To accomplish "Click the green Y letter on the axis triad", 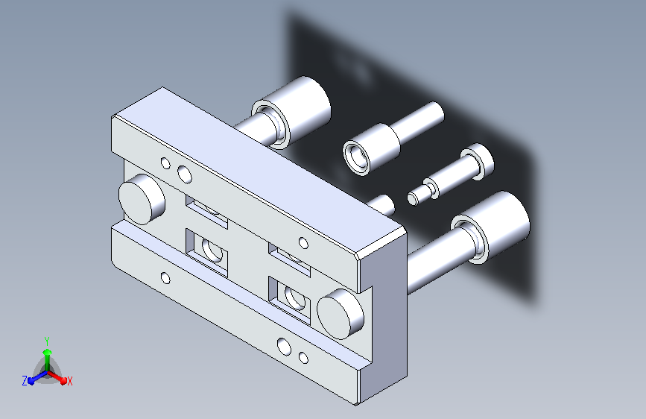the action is pyautogui.click(x=47, y=341).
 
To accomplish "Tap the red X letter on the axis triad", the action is pyautogui.click(x=69, y=381).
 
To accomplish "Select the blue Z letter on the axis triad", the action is pyautogui.click(x=25, y=381).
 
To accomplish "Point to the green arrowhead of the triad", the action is pyautogui.click(x=48, y=353).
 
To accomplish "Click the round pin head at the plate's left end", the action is pyautogui.click(x=142, y=199).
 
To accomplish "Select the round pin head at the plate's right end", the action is pyautogui.click(x=341, y=314).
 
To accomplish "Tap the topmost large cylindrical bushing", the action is pyautogui.click(x=291, y=112).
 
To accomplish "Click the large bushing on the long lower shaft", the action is pyautogui.click(x=490, y=227).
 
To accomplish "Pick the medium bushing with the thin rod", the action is pyautogui.click(x=371, y=149).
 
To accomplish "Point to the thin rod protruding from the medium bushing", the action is pyautogui.click(x=417, y=122).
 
